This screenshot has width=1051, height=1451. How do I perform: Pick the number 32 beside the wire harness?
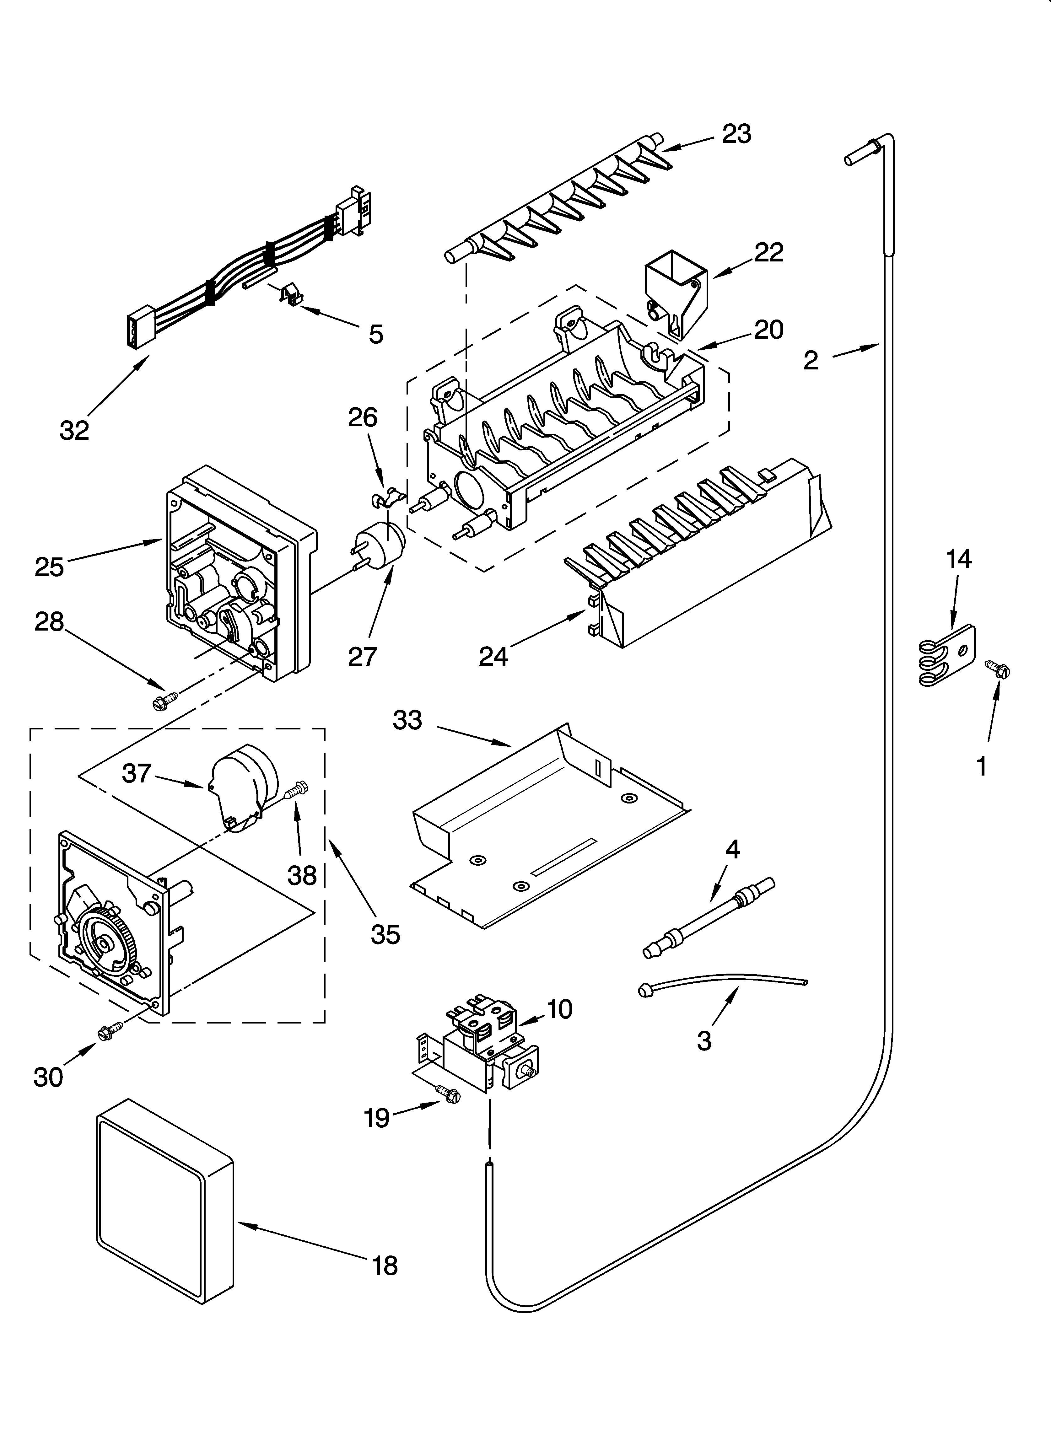(x=74, y=431)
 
